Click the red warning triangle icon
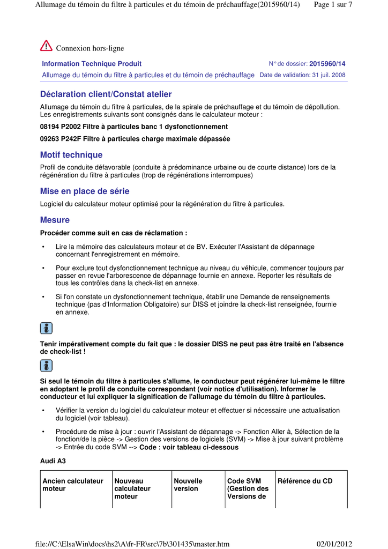pos(46,46)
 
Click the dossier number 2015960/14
pos(327,64)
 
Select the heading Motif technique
pos(71,155)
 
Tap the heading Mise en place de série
pos(85,191)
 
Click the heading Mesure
pos(55,220)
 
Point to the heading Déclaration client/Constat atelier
pos(106,94)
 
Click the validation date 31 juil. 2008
pos(325,75)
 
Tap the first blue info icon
pos(47,329)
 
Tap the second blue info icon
pos(47,366)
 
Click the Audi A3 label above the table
pos(53,461)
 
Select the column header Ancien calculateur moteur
pos(73,485)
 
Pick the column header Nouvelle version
pos(188,485)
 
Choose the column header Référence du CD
pos(305,481)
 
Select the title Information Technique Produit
pos(92,64)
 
